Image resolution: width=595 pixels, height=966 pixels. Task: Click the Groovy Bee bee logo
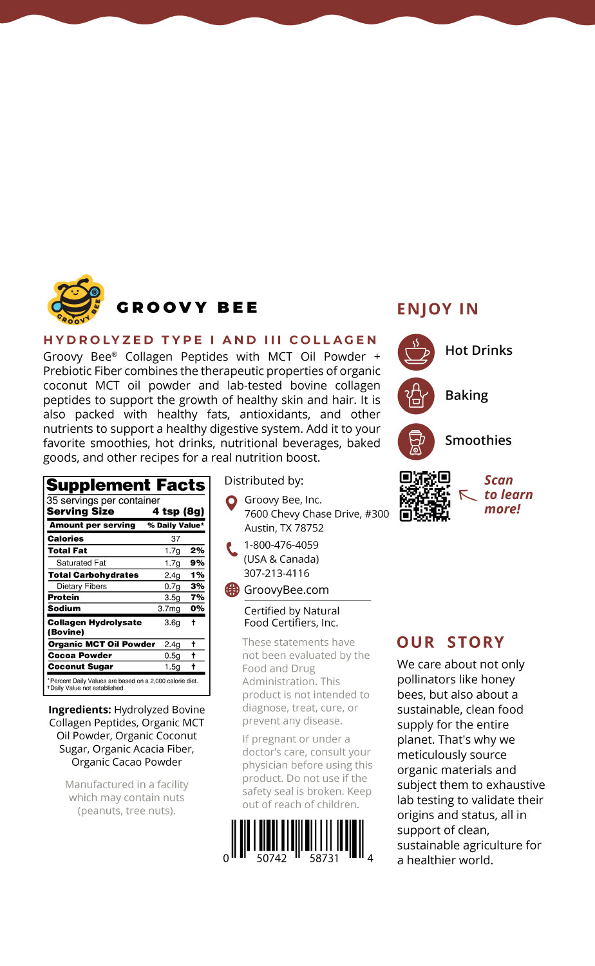(75, 299)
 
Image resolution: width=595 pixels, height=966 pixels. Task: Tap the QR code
(424, 495)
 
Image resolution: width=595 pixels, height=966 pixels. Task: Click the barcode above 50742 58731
(297, 838)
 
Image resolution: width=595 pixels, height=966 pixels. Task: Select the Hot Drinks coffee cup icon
(416, 352)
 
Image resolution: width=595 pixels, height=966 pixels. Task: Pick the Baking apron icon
(416, 396)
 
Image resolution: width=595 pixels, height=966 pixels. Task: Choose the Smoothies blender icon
(416, 441)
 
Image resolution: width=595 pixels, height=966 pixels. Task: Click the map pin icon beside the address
(232, 502)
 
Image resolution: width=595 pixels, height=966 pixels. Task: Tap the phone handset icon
(232, 549)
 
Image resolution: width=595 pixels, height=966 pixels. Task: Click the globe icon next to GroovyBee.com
(232, 590)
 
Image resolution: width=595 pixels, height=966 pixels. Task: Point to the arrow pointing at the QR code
(468, 495)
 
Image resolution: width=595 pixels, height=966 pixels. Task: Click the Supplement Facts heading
(126, 486)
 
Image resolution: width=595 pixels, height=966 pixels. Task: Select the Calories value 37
(175, 539)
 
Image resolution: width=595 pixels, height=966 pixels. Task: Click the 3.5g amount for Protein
(172, 598)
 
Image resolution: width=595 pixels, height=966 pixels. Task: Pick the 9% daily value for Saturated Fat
(197, 563)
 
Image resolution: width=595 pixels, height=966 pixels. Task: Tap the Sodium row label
(64, 609)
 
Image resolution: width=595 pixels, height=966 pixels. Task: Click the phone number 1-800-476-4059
(281, 545)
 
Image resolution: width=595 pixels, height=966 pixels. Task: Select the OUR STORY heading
(451, 642)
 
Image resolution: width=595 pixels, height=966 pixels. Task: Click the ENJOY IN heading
(438, 309)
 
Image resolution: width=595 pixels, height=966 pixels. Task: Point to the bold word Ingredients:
(80, 710)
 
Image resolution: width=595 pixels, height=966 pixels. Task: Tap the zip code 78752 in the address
(309, 528)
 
